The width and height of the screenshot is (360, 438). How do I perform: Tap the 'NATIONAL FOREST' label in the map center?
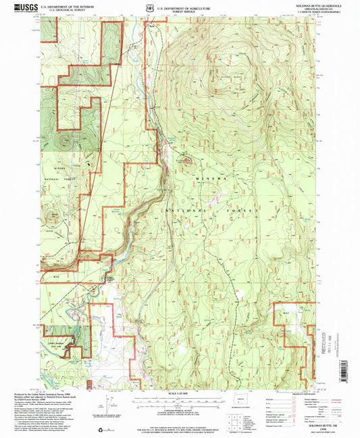coord(211,211)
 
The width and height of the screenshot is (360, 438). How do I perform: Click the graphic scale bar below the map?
coord(179,400)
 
